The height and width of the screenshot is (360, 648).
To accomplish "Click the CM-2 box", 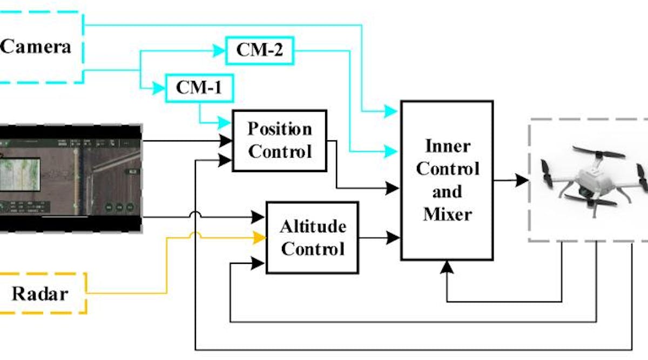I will (260, 50).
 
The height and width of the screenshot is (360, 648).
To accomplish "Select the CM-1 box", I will (199, 88).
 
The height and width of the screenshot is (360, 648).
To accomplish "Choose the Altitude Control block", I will (312, 237).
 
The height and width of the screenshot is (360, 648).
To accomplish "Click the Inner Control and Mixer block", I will (447, 180).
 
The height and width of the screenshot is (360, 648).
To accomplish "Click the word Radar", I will (40, 294).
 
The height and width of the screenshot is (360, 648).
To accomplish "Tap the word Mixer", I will (447, 214).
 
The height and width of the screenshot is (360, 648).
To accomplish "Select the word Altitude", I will (313, 226).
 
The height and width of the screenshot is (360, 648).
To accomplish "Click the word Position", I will (280, 130).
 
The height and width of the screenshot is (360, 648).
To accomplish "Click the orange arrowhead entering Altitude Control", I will (261, 237).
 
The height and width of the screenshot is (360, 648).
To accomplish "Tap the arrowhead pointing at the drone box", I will (521, 180).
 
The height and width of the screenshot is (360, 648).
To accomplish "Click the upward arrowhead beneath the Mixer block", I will (447, 266).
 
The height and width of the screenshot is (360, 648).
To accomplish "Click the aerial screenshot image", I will (70, 178).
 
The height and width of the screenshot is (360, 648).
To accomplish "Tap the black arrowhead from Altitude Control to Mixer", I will (394, 237).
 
